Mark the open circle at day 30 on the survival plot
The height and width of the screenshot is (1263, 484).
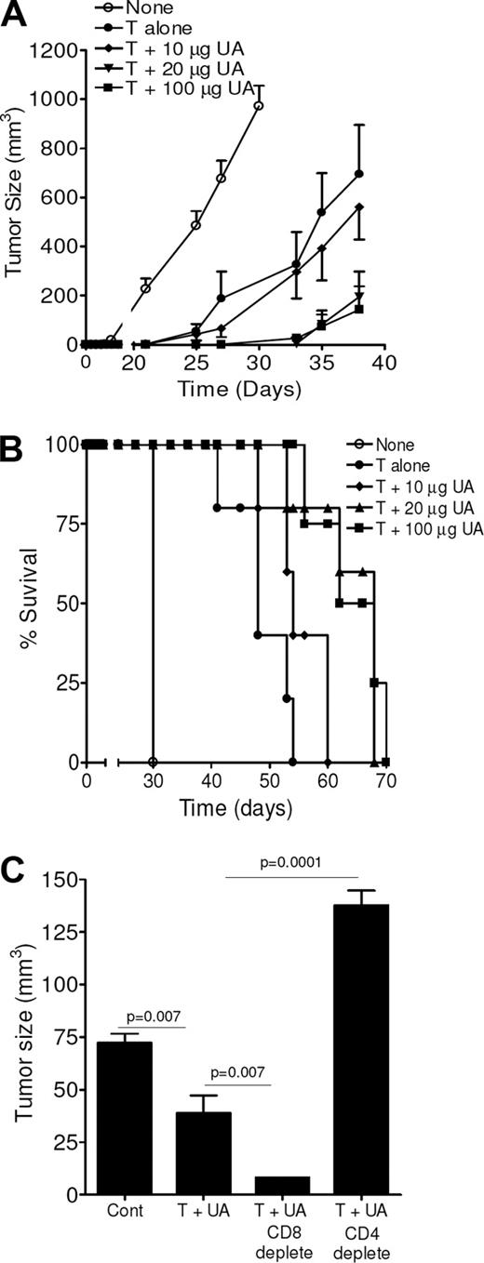[x=153, y=762]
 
